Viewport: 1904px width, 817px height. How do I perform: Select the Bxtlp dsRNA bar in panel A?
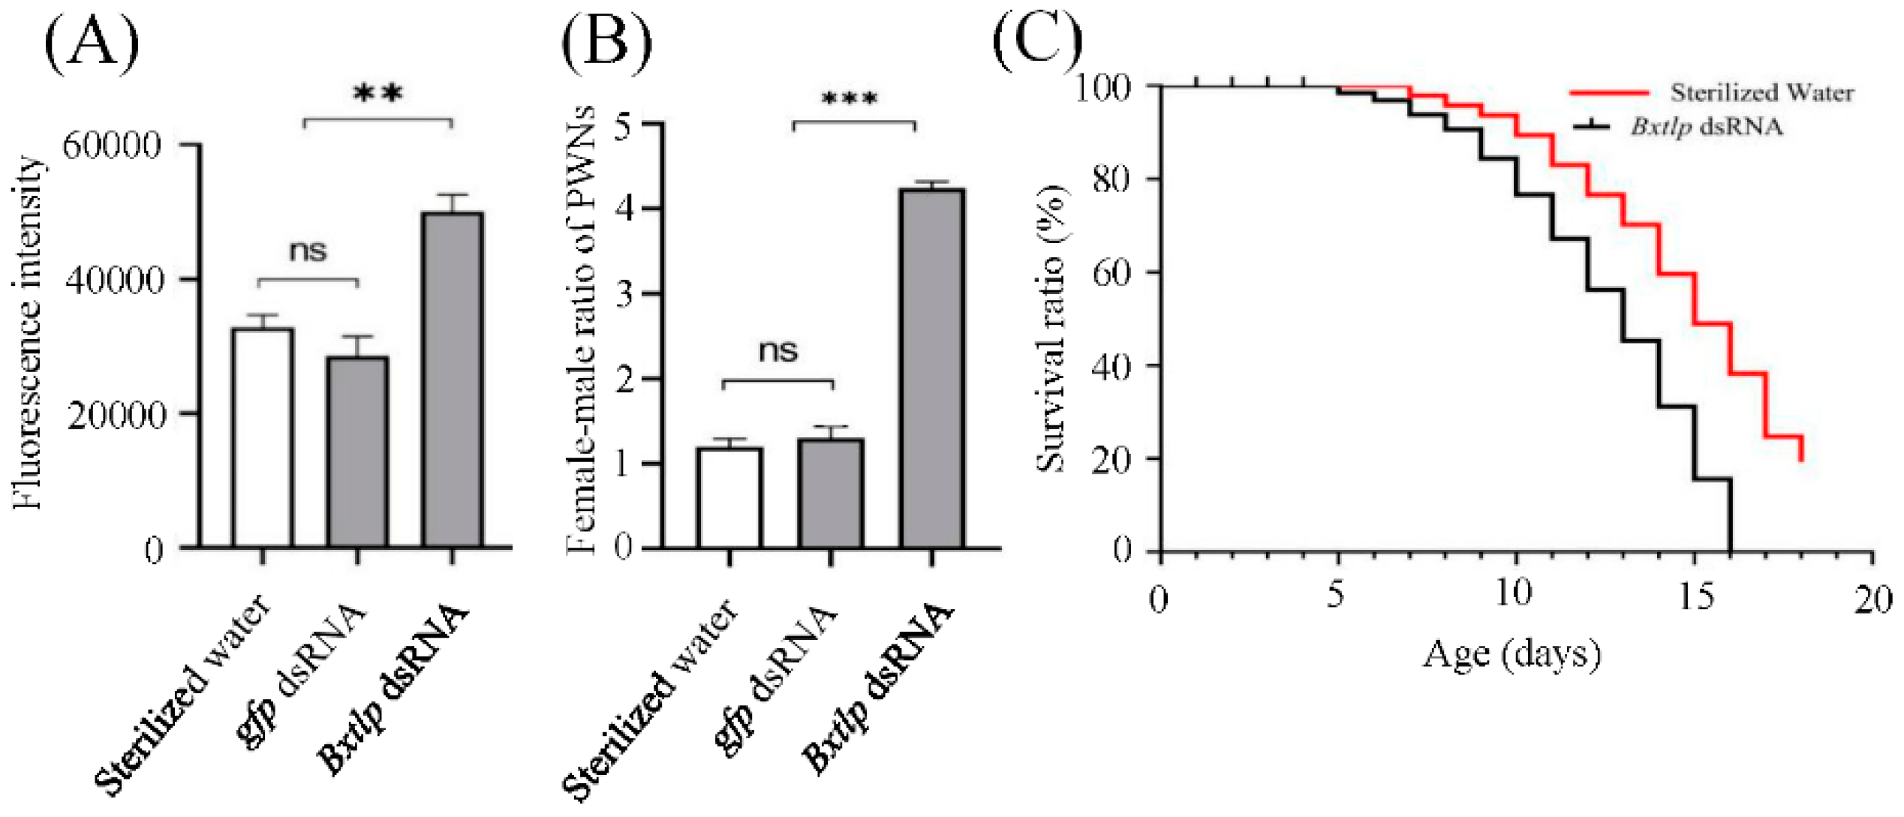452,379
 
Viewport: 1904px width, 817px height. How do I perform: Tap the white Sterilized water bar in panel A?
263,437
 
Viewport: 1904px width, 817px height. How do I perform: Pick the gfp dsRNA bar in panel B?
830,493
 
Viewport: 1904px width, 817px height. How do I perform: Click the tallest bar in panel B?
931,368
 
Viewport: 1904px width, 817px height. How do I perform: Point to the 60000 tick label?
112,146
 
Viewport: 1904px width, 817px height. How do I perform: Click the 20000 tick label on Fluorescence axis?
115,416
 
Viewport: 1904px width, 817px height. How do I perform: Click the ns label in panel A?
308,251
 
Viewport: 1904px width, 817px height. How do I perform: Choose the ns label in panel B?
778,351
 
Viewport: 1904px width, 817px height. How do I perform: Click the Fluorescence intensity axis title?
29,333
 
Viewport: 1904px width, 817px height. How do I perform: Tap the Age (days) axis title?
1511,654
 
